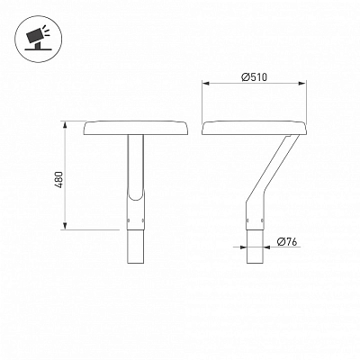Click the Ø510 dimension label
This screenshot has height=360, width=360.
(x=254, y=77)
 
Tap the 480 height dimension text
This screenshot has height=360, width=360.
(x=59, y=180)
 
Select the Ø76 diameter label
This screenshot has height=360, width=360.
(x=287, y=241)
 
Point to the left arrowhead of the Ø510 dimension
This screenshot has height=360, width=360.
(x=205, y=84)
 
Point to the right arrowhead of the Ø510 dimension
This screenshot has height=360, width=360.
(x=302, y=84)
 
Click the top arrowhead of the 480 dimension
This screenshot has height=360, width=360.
(x=65, y=125)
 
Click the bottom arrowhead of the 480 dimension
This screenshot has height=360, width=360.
(x=65, y=226)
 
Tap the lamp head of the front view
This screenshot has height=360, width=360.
(x=136, y=128)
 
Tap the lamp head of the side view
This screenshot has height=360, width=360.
(x=254, y=128)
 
